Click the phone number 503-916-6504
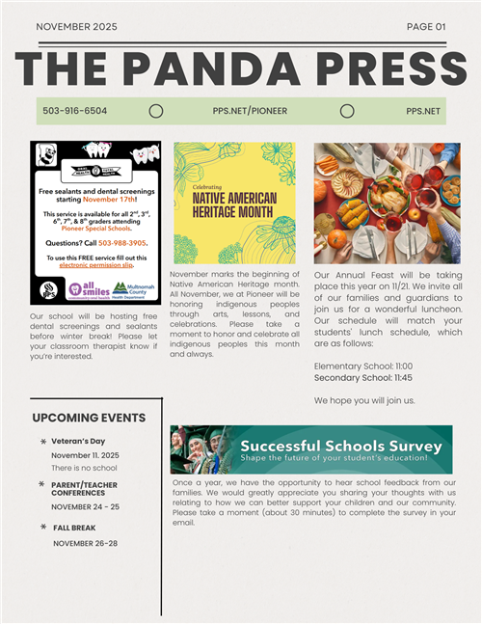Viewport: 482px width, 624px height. tap(75, 111)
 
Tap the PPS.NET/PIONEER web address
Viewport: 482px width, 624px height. tap(250, 111)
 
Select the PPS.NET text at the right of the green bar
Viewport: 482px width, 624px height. tap(423, 111)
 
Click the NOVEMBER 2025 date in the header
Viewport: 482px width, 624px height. tap(76, 27)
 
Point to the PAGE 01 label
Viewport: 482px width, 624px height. tap(426, 27)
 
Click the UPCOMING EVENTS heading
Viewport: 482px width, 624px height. tap(89, 418)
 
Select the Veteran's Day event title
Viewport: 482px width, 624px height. tap(78, 441)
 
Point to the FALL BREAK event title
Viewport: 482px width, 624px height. tap(75, 528)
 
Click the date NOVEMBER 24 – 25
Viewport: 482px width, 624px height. tap(86, 506)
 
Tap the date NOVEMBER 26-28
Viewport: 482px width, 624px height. tap(85, 543)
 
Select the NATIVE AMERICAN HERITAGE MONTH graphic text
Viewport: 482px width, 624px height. tap(233, 203)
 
